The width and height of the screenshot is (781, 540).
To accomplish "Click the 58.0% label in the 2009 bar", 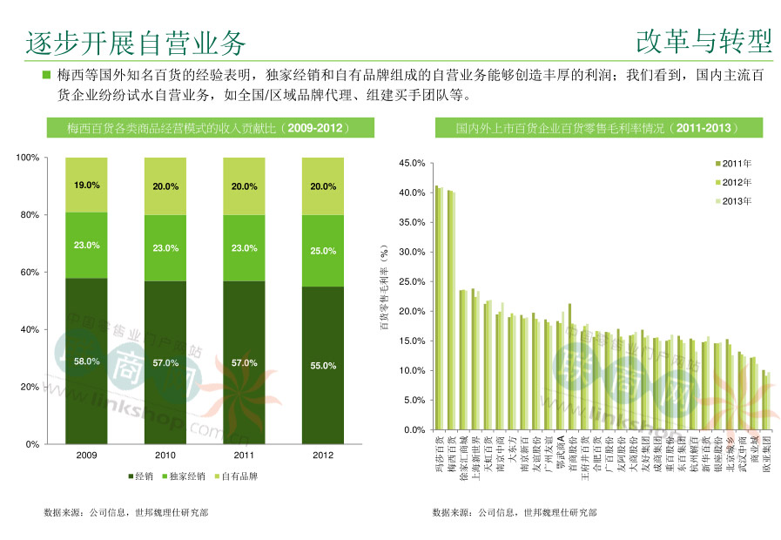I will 86,361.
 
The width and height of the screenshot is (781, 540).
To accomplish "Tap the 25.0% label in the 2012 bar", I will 323,251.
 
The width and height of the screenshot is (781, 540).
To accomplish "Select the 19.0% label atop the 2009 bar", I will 86,186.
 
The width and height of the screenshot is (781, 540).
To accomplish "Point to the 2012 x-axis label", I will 323,456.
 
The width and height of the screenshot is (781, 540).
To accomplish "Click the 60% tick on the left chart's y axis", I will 29,273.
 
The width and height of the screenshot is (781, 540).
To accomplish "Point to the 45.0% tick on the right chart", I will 411,163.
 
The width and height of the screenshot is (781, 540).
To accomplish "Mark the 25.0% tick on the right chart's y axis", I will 411,281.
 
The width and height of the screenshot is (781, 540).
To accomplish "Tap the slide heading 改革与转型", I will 704,40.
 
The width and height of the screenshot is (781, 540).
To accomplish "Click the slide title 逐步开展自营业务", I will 135,42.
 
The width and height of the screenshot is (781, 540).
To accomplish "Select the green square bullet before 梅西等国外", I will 46,75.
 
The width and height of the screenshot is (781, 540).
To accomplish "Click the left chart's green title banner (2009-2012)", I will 209,128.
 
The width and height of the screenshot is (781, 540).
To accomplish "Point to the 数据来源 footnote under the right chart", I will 515,513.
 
